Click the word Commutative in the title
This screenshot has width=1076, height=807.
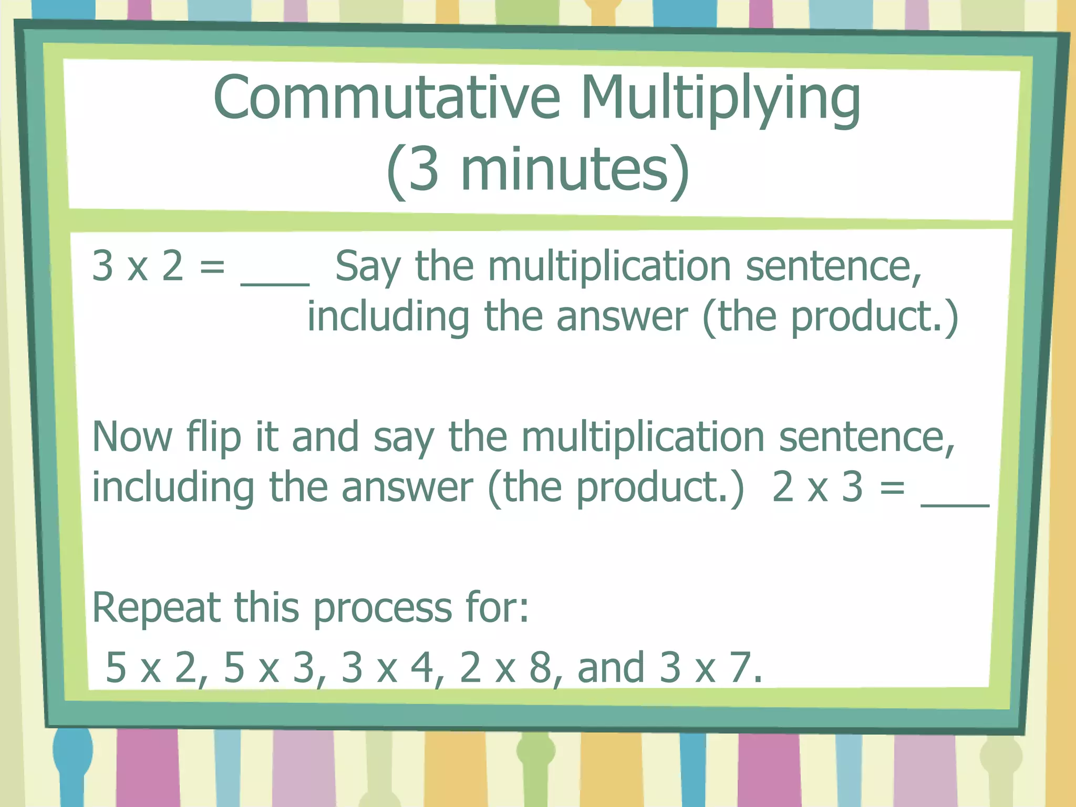(387, 98)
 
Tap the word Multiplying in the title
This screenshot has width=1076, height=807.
(720, 100)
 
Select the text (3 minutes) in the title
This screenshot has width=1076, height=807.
(537, 170)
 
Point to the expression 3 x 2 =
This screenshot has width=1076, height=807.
(158, 266)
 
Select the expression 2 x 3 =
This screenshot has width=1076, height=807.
(839, 487)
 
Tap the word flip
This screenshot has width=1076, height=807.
(213, 437)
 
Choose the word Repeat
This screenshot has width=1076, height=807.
(156, 608)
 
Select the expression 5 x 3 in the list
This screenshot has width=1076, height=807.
(268, 668)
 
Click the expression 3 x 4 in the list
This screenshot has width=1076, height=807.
(386, 668)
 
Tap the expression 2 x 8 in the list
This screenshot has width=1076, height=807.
(504, 668)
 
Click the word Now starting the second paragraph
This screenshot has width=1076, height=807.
(132, 437)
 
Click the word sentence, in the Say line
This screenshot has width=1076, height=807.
(833, 266)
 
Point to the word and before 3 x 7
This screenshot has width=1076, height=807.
(611, 668)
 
